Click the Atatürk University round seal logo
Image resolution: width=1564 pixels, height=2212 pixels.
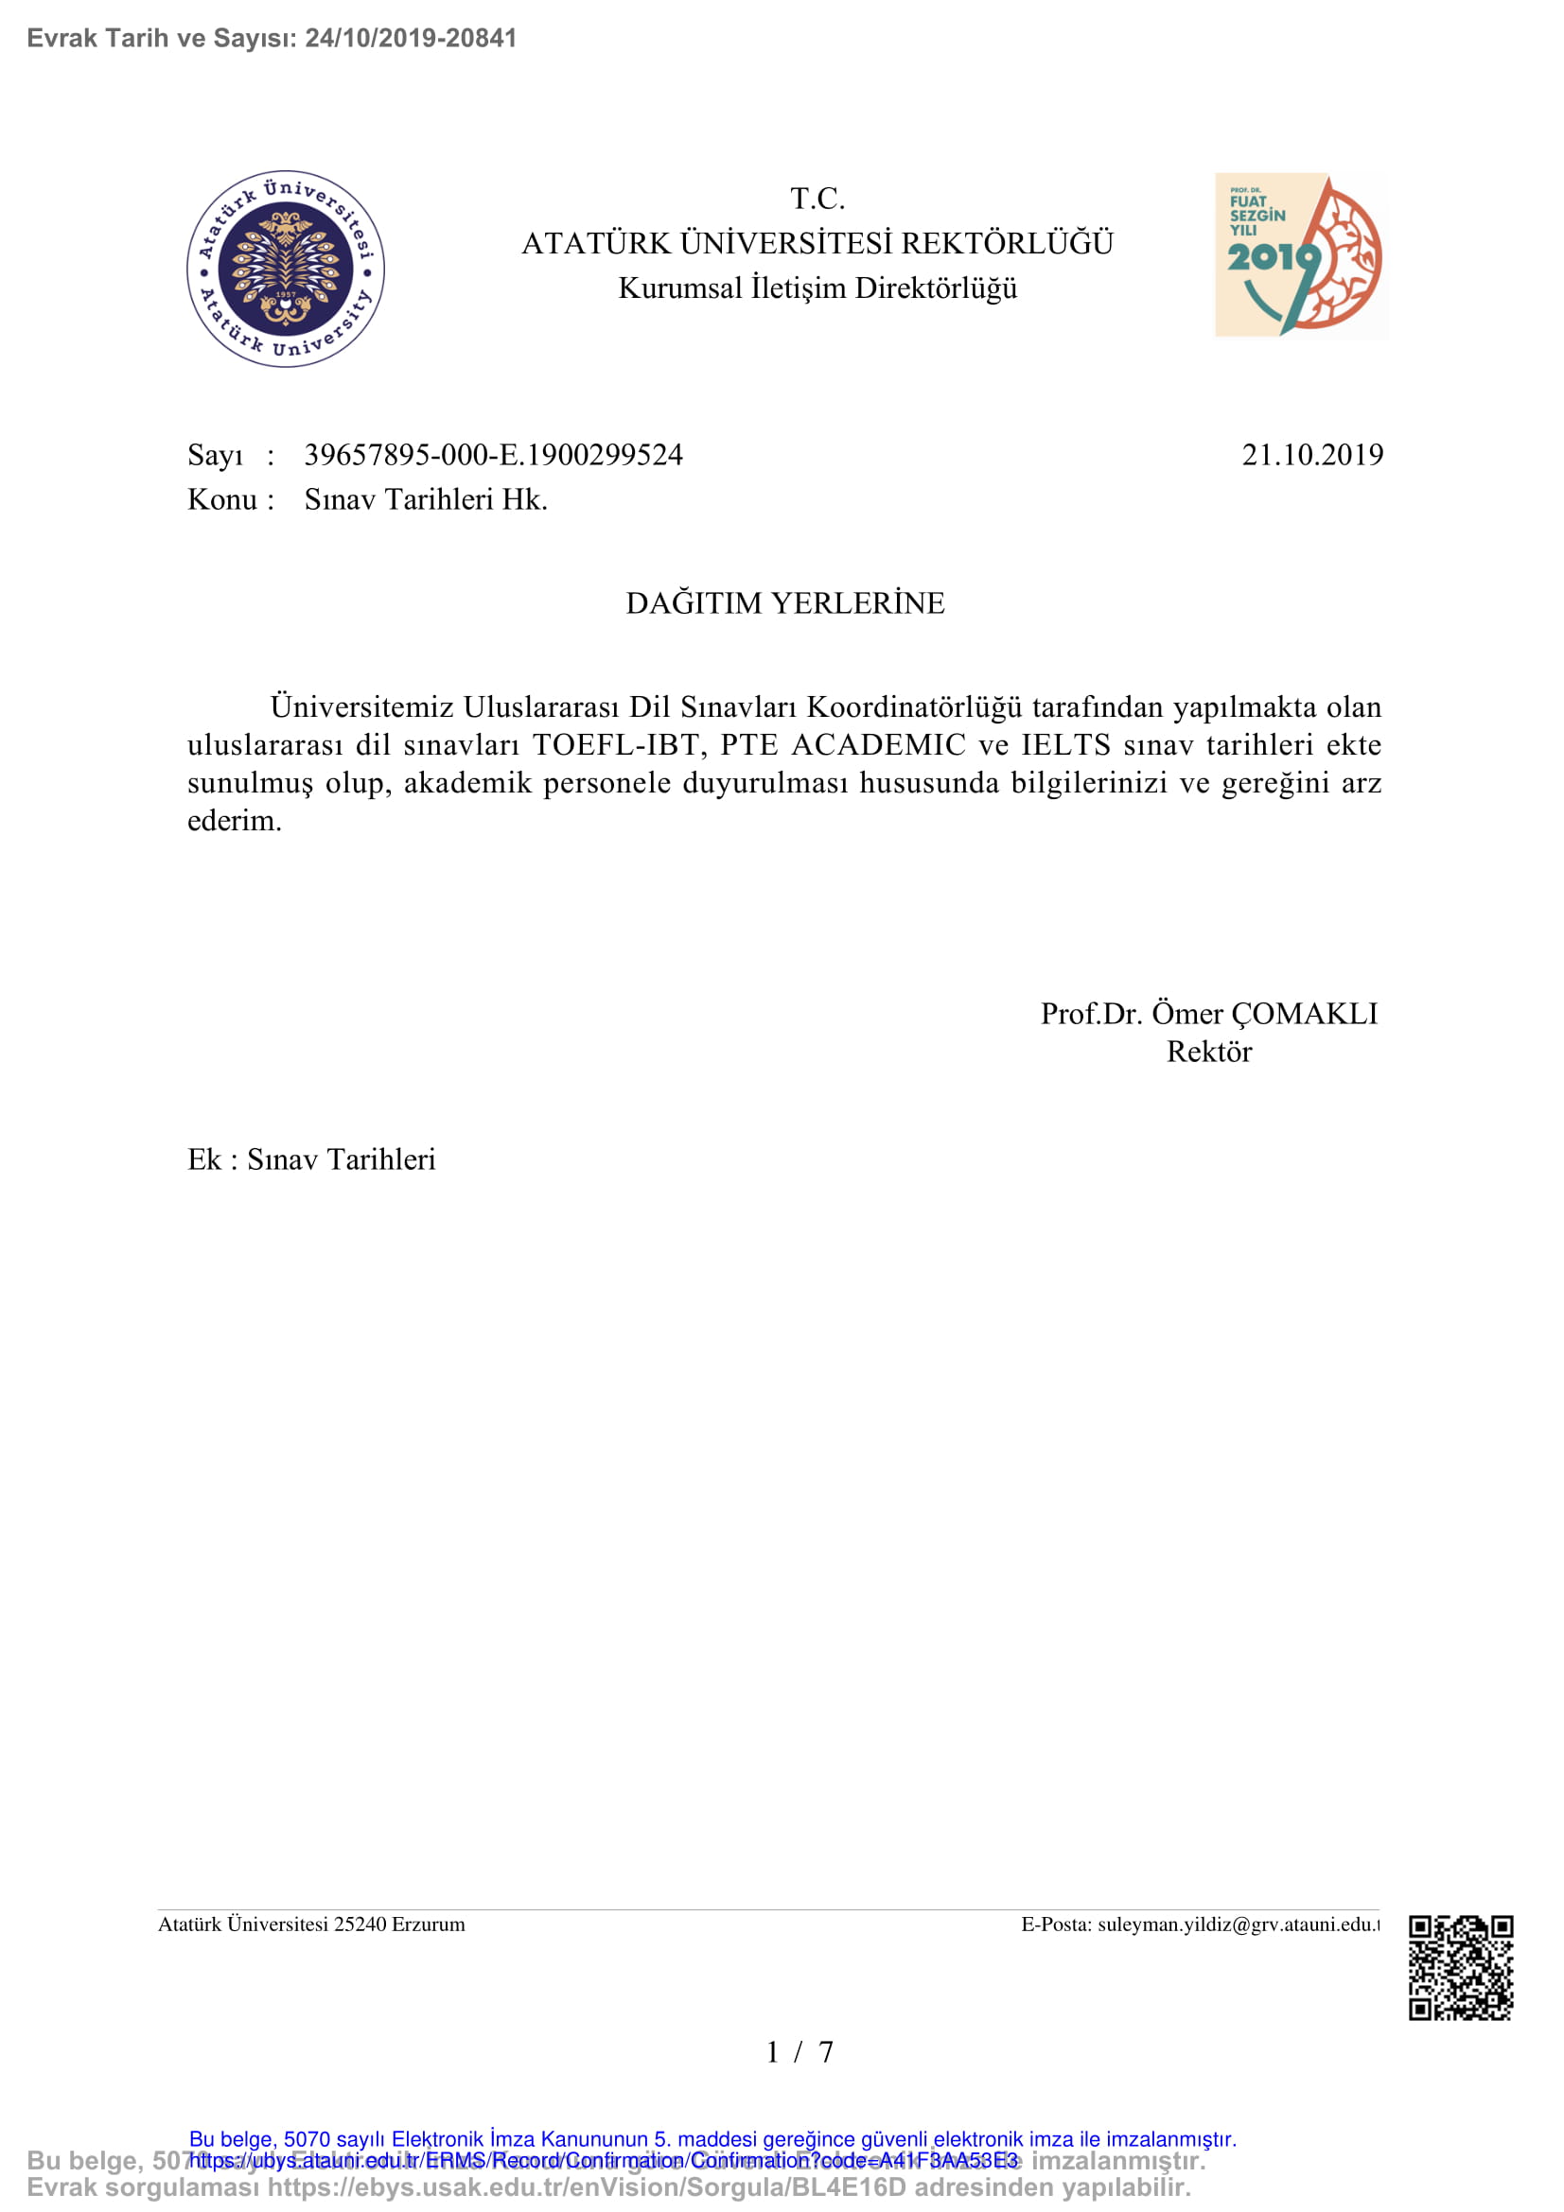pos(285,269)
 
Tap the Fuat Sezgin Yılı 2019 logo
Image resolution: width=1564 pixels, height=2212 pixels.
pos(1300,255)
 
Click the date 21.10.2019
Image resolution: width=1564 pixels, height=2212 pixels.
pos(1311,455)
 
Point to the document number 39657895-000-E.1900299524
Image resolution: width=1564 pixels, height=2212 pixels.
pos(493,455)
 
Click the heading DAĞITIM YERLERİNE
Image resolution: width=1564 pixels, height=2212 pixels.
pos(784,603)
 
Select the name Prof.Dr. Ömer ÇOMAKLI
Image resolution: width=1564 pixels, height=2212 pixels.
pos(1208,1014)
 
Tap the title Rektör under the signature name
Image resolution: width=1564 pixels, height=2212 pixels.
pos(1208,1052)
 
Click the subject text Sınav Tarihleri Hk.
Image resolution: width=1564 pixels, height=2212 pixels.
pos(426,500)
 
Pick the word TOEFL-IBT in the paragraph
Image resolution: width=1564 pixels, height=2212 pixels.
pos(615,744)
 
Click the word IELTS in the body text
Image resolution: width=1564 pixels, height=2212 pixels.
pos(1065,744)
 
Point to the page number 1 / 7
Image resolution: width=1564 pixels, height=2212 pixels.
pos(799,2052)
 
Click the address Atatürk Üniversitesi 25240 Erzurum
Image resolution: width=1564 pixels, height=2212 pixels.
pos(311,1924)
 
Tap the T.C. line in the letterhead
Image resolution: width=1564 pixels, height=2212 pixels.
pos(817,200)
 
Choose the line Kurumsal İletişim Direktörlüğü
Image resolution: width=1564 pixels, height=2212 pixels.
pos(817,288)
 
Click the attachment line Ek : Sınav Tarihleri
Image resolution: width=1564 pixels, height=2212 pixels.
pos(311,1159)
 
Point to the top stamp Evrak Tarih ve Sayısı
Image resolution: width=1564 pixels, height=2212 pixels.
pos(272,39)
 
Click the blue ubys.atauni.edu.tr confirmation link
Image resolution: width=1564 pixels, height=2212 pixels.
pos(604,2160)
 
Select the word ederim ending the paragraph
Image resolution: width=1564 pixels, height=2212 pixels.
pos(234,821)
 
